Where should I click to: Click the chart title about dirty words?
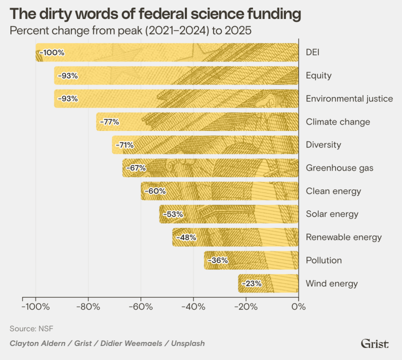[x=155, y=14]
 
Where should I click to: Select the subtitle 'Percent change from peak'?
[x=130, y=30]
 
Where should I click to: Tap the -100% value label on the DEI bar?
[x=52, y=52]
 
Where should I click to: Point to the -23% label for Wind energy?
[x=251, y=283]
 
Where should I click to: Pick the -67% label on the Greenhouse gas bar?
[x=135, y=168]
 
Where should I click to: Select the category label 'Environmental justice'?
[x=349, y=98]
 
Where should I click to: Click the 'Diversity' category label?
[x=323, y=145]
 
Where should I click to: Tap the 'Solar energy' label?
[x=332, y=214]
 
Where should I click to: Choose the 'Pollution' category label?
[x=323, y=260]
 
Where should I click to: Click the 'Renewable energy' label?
[x=343, y=237]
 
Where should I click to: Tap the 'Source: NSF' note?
[x=31, y=328]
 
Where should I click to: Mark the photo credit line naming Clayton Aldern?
[x=107, y=343]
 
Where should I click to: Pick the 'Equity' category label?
[x=318, y=75]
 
